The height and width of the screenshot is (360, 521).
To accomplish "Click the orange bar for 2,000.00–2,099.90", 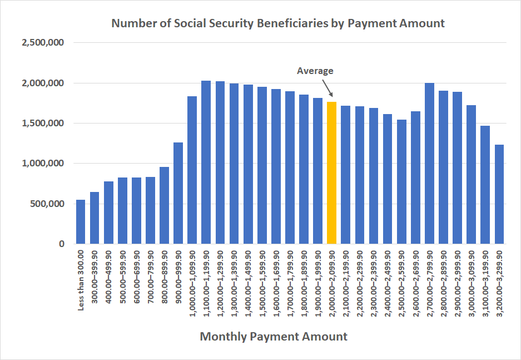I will [331, 173].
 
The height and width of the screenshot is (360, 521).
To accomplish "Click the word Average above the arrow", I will [315, 71].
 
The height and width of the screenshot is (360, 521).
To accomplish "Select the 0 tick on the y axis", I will [62, 244].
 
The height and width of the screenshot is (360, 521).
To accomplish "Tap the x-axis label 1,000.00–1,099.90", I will [192, 284].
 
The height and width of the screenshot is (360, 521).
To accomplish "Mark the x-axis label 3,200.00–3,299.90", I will [499, 284].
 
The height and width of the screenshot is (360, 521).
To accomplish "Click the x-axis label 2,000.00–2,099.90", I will [332, 284].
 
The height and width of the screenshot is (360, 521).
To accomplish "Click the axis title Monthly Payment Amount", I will [273, 337].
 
